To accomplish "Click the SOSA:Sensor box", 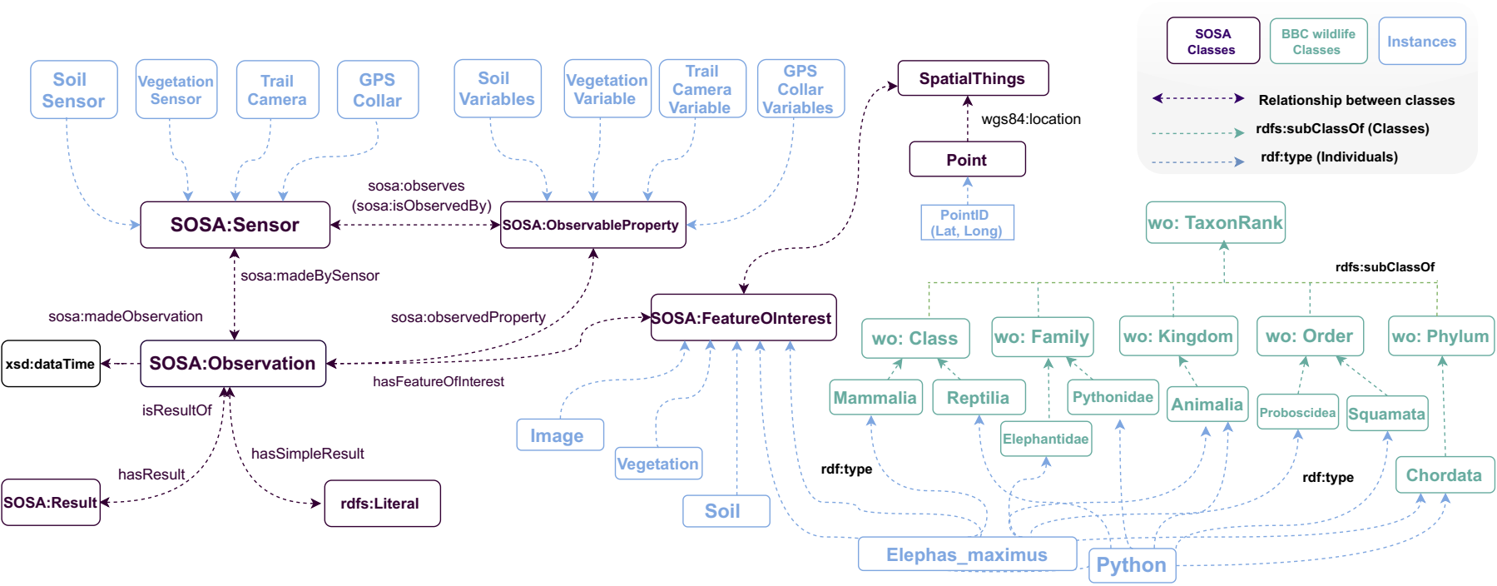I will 235,225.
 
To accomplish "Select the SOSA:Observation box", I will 232,363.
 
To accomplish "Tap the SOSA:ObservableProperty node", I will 592,225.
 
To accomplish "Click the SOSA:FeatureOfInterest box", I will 742,318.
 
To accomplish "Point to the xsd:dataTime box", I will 51,364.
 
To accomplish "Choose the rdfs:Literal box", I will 381,504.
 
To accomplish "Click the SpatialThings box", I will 972,78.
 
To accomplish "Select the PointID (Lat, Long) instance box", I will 966,222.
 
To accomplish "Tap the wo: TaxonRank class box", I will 1215,222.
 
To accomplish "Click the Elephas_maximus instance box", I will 966,554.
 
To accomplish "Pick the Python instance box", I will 1131,565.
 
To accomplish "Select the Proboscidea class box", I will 1296,412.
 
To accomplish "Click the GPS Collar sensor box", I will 377,90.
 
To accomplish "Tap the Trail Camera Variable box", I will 701,89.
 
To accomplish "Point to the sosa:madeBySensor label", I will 310,276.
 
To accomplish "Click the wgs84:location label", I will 1030,119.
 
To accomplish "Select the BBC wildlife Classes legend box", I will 1317,42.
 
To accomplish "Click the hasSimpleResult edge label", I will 307,454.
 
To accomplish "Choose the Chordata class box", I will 1444,475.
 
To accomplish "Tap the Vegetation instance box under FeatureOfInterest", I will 658,464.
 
